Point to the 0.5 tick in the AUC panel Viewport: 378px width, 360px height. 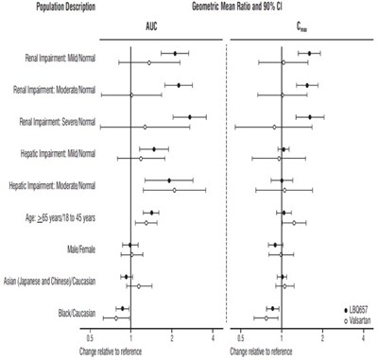pyautogui.click(x=91, y=336)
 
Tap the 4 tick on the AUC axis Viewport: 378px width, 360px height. pyautogui.click(x=213, y=336)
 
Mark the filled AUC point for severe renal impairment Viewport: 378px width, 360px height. pyautogui.click(x=189, y=117)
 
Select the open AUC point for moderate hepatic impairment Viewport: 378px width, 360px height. pyautogui.click(x=174, y=190)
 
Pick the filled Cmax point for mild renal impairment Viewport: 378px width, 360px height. pyautogui.click(x=309, y=54)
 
